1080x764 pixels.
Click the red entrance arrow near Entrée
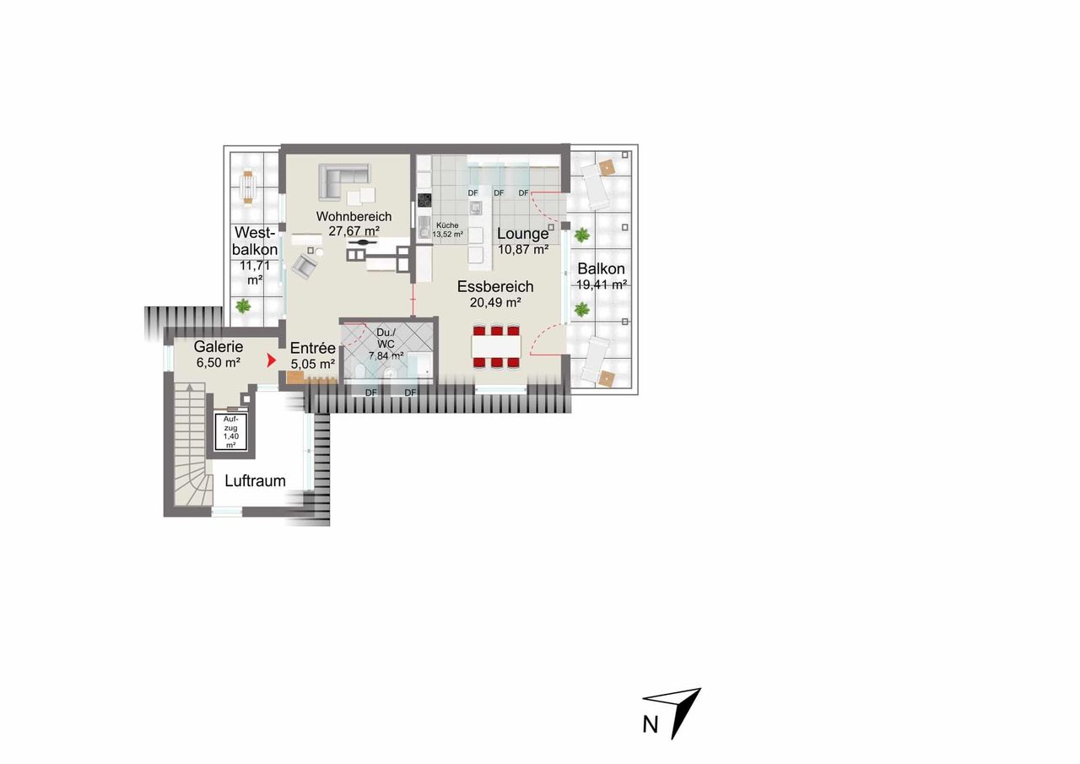272,360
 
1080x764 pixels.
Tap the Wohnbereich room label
354,217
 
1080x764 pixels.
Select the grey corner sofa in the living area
343,180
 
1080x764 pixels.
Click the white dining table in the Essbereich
496,346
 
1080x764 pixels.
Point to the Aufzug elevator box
231,432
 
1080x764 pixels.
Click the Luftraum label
255,481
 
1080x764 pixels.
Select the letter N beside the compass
651,725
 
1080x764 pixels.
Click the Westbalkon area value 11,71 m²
255,273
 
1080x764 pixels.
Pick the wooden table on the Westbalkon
248,187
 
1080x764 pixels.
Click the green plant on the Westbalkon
243,306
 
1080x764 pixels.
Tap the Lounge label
522,234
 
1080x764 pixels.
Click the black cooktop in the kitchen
424,200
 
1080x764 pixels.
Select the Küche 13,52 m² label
447,230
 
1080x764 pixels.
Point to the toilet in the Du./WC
359,373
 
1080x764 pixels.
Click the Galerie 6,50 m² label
219,355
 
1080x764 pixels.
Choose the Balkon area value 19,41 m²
602,284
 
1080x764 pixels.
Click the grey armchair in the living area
305,266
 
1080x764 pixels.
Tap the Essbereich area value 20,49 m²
495,302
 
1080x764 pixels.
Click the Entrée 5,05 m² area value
313,364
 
